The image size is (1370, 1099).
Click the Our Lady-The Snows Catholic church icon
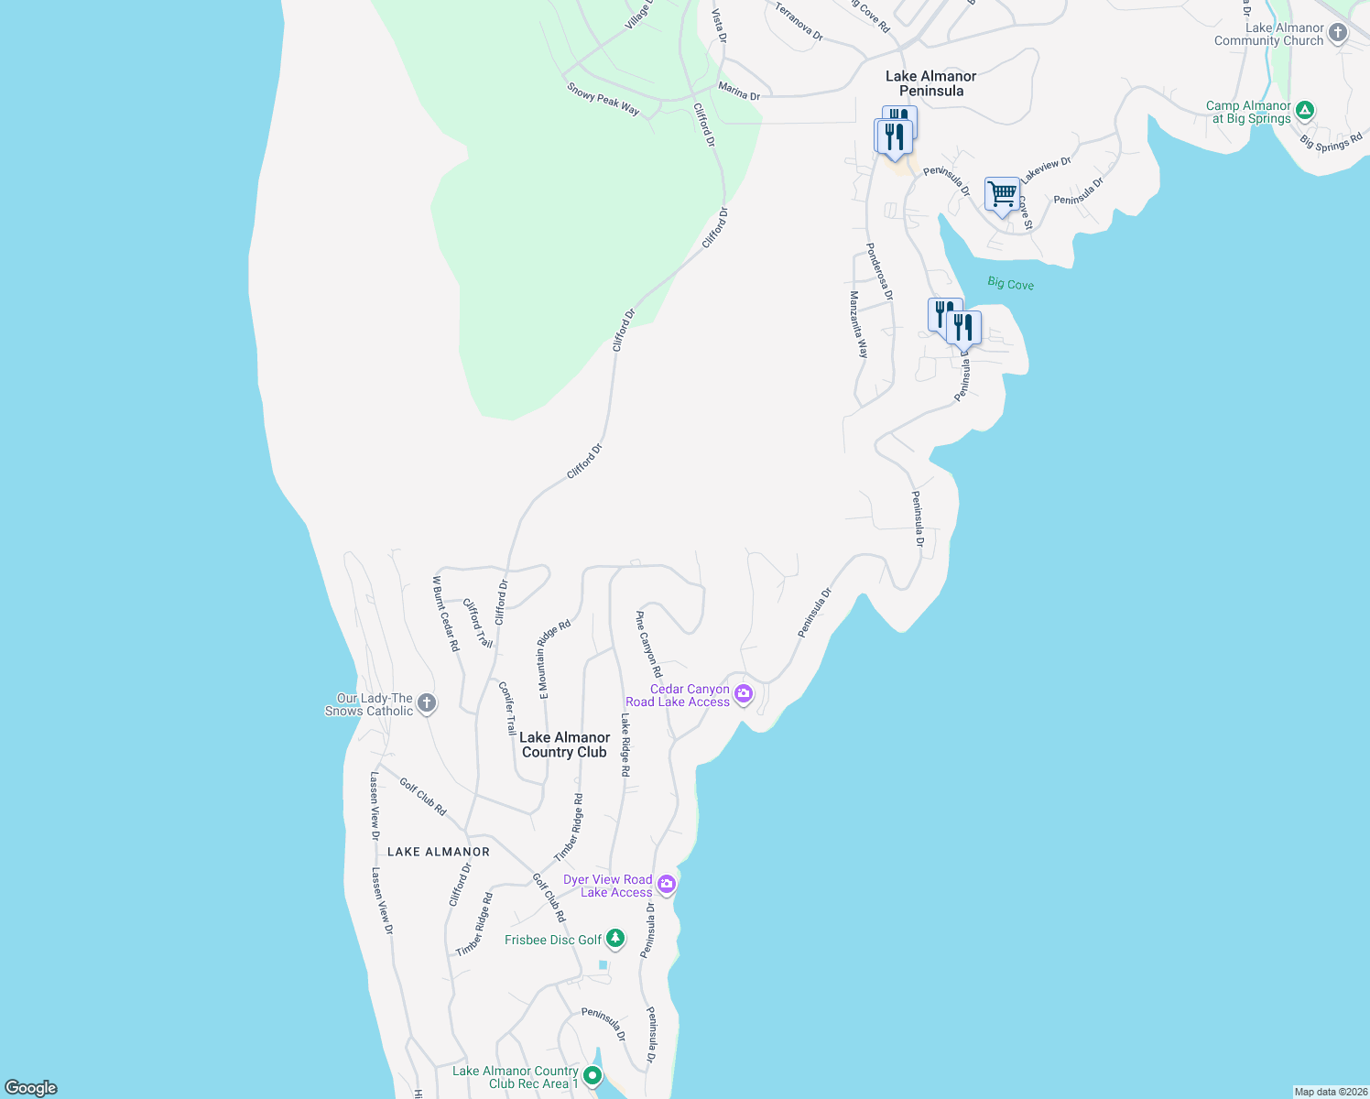click(x=426, y=703)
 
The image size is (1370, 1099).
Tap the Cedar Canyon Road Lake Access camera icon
click(x=744, y=694)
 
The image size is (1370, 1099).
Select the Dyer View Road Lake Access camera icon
click(x=667, y=885)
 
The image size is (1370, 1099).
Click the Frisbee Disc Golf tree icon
click(x=615, y=939)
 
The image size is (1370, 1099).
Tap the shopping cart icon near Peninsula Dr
click(x=1002, y=194)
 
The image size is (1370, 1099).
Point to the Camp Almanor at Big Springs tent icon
click(x=1305, y=111)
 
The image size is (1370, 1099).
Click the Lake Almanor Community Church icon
click(x=1337, y=34)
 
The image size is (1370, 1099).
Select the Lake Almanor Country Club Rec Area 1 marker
click(x=593, y=1075)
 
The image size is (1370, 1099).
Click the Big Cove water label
click(x=1010, y=284)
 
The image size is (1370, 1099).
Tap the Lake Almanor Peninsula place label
click(x=930, y=83)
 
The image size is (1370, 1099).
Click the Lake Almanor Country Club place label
click(x=564, y=745)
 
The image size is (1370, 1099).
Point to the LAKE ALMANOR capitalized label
click(x=439, y=852)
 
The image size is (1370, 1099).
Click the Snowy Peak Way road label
click(x=603, y=99)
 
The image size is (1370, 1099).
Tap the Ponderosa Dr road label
click(x=879, y=271)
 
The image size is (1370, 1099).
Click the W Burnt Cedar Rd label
click(x=446, y=614)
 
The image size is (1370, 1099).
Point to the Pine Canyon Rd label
click(x=648, y=644)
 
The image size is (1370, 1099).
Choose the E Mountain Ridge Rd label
click(x=554, y=659)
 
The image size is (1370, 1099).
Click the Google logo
click(x=31, y=1088)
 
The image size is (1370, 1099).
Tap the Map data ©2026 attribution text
click(x=1330, y=1092)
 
